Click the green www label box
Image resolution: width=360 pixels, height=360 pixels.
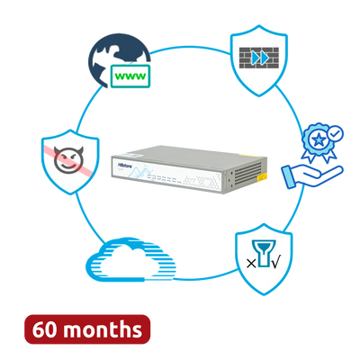pyautogui.click(x=130, y=76)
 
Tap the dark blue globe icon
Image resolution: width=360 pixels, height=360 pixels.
pyautogui.click(x=115, y=58)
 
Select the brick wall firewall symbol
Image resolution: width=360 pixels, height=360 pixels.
pyautogui.click(x=259, y=58)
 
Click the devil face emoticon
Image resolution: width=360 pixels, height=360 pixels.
pyautogui.click(x=68, y=159)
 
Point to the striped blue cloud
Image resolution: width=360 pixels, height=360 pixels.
pyautogui.click(x=130, y=259)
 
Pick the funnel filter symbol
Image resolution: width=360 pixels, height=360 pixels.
pyautogui.click(x=264, y=253)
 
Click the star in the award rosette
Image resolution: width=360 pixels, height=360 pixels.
pyautogui.click(x=319, y=139)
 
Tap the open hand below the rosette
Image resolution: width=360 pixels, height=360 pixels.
pyautogui.click(x=312, y=176)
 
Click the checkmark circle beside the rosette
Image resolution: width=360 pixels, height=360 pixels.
pyautogui.click(x=335, y=133)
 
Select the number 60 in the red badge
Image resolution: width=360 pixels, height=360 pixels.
pyautogui.click(x=44, y=329)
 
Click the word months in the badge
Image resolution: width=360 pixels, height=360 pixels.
pyautogui.click(x=103, y=329)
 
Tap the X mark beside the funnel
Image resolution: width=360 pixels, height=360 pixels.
pyautogui.click(x=251, y=264)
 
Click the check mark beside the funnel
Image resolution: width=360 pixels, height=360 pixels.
pyautogui.click(x=275, y=263)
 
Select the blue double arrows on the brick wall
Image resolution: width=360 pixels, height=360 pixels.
pyautogui.click(x=260, y=58)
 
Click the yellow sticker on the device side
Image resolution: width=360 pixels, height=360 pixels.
pyautogui.click(x=261, y=178)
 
